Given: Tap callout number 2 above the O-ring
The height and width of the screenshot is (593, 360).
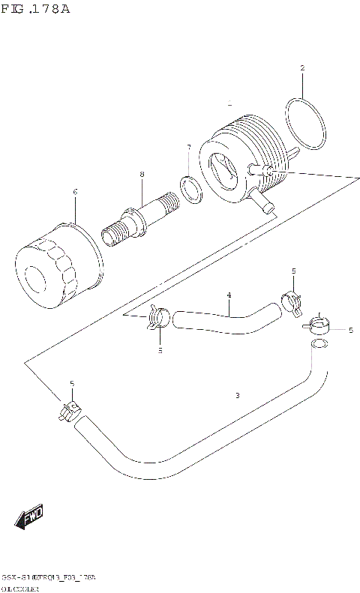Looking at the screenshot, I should (302, 68).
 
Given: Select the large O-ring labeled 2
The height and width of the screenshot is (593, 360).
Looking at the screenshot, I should (305, 123).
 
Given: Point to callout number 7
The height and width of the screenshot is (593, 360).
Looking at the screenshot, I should (188, 147).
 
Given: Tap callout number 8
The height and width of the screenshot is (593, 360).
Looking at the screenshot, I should (141, 175).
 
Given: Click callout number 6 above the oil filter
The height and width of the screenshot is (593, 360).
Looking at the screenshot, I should (75, 192).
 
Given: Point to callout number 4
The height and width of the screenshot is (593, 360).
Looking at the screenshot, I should (229, 295).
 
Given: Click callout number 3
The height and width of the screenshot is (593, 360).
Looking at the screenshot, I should (237, 395).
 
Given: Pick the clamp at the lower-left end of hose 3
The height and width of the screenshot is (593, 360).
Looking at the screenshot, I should (70, 411).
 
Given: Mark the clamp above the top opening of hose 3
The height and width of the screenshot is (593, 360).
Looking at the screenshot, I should (318, 325).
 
